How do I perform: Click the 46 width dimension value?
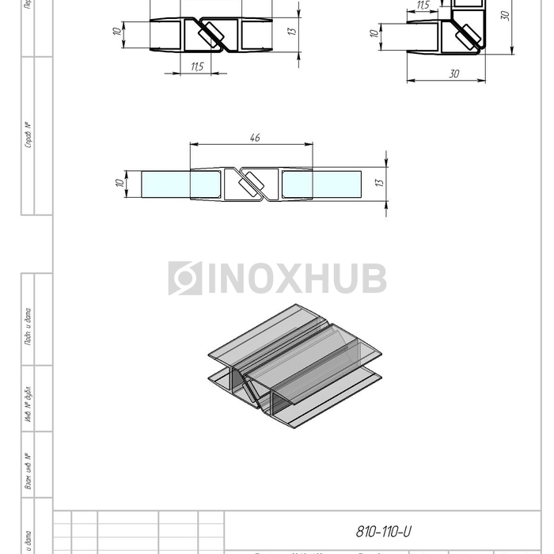255,138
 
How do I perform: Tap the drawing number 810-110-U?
384,532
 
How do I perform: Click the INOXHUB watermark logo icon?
185,279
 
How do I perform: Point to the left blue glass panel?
165,184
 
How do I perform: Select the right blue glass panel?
321,184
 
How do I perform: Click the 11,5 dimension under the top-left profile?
197,66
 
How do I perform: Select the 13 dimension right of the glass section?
380,182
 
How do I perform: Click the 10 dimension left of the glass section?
118,184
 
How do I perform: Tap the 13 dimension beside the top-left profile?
291,31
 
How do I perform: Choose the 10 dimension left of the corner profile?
374,34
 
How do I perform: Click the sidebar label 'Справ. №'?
28,135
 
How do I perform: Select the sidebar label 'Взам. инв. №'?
28,471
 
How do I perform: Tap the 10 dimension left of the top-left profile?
116,31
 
